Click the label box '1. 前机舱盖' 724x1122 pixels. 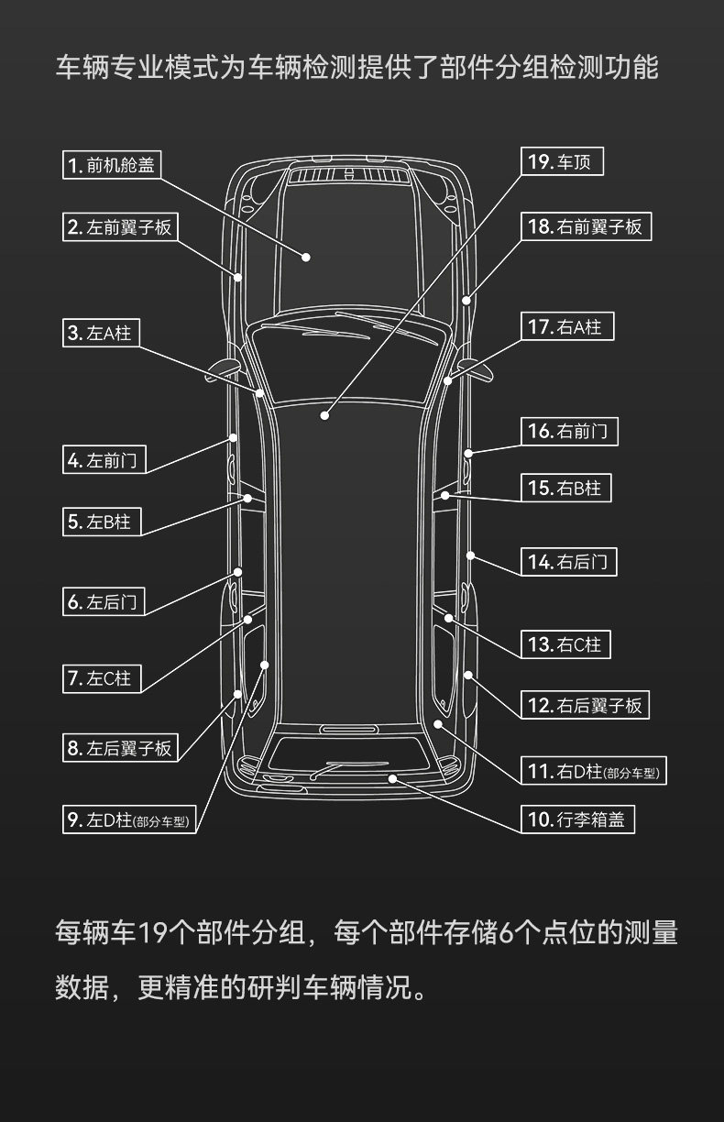112,165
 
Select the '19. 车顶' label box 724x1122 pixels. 563,161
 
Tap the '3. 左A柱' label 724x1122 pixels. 101,333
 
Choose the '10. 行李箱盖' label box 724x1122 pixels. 577,819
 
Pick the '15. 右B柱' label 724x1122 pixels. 565,488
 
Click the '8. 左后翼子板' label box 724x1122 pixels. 120,748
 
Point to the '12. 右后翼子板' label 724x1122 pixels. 586,705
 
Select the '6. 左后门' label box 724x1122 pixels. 104,601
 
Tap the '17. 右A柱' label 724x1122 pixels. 567,326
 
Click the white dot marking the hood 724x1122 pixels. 306,257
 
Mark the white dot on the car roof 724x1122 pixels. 324,415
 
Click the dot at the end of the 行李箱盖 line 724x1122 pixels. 392,778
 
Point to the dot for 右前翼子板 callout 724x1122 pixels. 466,301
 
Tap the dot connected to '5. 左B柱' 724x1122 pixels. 247,499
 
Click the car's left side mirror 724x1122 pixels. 223,368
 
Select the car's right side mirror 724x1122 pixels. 475,368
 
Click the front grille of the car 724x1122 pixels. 349,175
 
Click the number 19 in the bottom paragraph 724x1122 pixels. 150,932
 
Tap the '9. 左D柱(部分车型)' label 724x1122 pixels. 129,819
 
